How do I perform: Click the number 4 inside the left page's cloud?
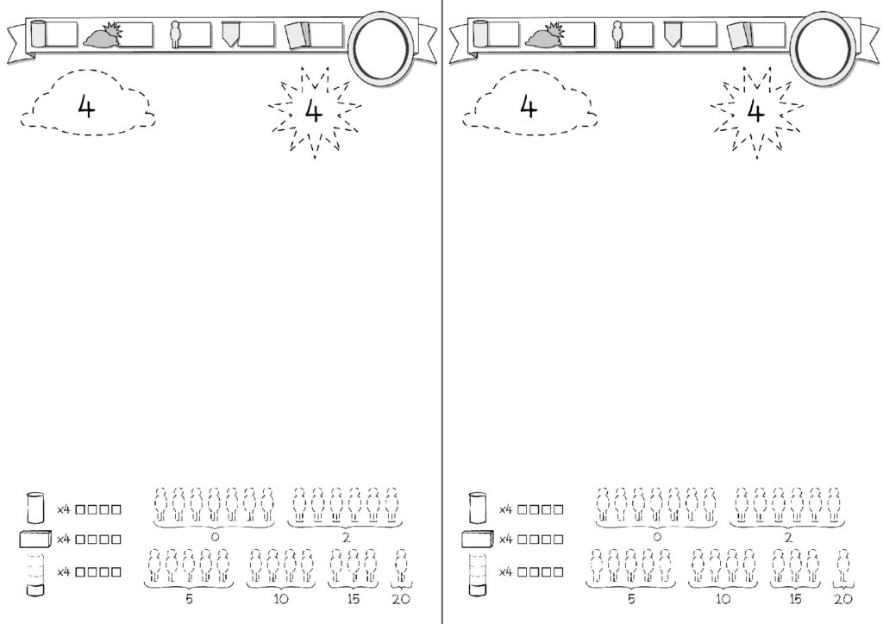86,107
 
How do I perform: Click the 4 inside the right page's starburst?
755,111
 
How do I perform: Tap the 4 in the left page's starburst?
314,111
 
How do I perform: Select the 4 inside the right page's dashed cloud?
529,107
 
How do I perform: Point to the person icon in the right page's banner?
617,34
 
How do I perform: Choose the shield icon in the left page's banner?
230,34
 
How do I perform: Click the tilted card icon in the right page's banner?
739,35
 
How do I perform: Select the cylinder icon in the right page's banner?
480,34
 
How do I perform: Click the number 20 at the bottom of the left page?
401,599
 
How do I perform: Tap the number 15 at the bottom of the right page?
795,599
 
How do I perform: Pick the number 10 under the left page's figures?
280,599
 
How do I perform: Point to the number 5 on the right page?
631,599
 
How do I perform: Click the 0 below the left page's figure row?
215,537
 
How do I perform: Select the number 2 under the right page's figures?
788,537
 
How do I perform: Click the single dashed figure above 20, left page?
401,566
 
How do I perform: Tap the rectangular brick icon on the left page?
35,539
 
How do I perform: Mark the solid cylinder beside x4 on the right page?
477,508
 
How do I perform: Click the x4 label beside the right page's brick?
505,539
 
